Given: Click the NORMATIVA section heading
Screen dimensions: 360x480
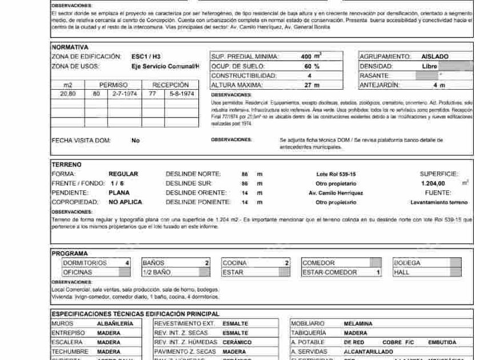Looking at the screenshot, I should pyautogui.click(x=70, y=47).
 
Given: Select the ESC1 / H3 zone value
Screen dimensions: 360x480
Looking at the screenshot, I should pyautogui.click(x=146, y=57).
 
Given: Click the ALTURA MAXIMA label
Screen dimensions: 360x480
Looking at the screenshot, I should pyautogui.click(x=236, y=85).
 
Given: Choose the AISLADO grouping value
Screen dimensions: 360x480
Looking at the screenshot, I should pyautogui.click(x=435, y=57).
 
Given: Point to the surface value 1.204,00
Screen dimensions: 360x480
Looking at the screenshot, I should pyautogui.click(x=433, y=183).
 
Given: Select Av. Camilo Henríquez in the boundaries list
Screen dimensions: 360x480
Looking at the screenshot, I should pyautogui.click(x=335, y=193).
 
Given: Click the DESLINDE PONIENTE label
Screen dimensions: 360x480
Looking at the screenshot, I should pyautogui.click(x=197, y=202).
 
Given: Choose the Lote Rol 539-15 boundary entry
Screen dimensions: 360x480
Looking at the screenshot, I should pyautogui.click(x=335, y=174).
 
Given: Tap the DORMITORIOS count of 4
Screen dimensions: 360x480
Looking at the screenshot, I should pyautogui.click(x=127, y=263).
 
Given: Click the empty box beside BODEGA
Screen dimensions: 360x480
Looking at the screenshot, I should pyautogui.click(x=455, y=263).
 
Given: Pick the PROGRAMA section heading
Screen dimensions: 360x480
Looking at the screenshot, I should pyautogui.click(x=70, y=253).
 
